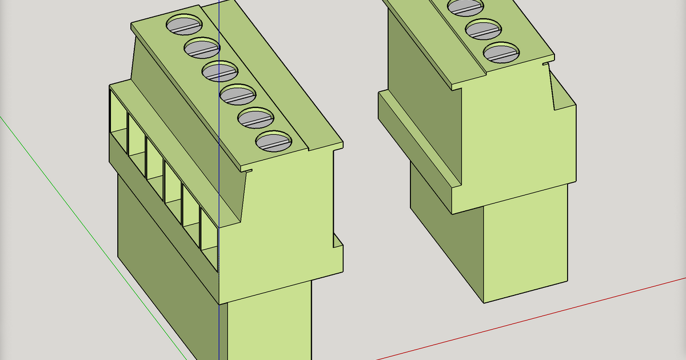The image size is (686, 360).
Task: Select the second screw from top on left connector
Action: pyautogui.click(x=202, y=48)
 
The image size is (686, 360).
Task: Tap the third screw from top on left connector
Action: pyautogui.click(x=220, y=71)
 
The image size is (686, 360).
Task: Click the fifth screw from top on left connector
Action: pyautogui.click(x=256, y=118)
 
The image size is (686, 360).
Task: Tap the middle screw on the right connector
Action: pyautogui.click(x=483, y=29)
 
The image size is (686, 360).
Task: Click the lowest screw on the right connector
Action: pyautogui.click(x=501, y=53)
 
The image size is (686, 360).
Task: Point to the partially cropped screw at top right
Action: pyautogui.click(x=465, y=6)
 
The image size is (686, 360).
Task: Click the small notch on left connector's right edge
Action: pyautogui.click(x=337, y=240)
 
